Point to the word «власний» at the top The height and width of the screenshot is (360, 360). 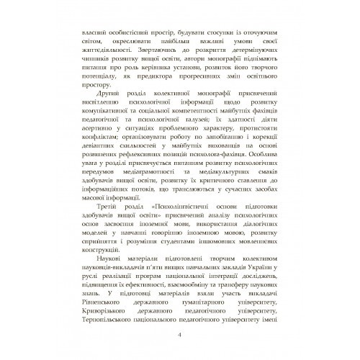point(98,35)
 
